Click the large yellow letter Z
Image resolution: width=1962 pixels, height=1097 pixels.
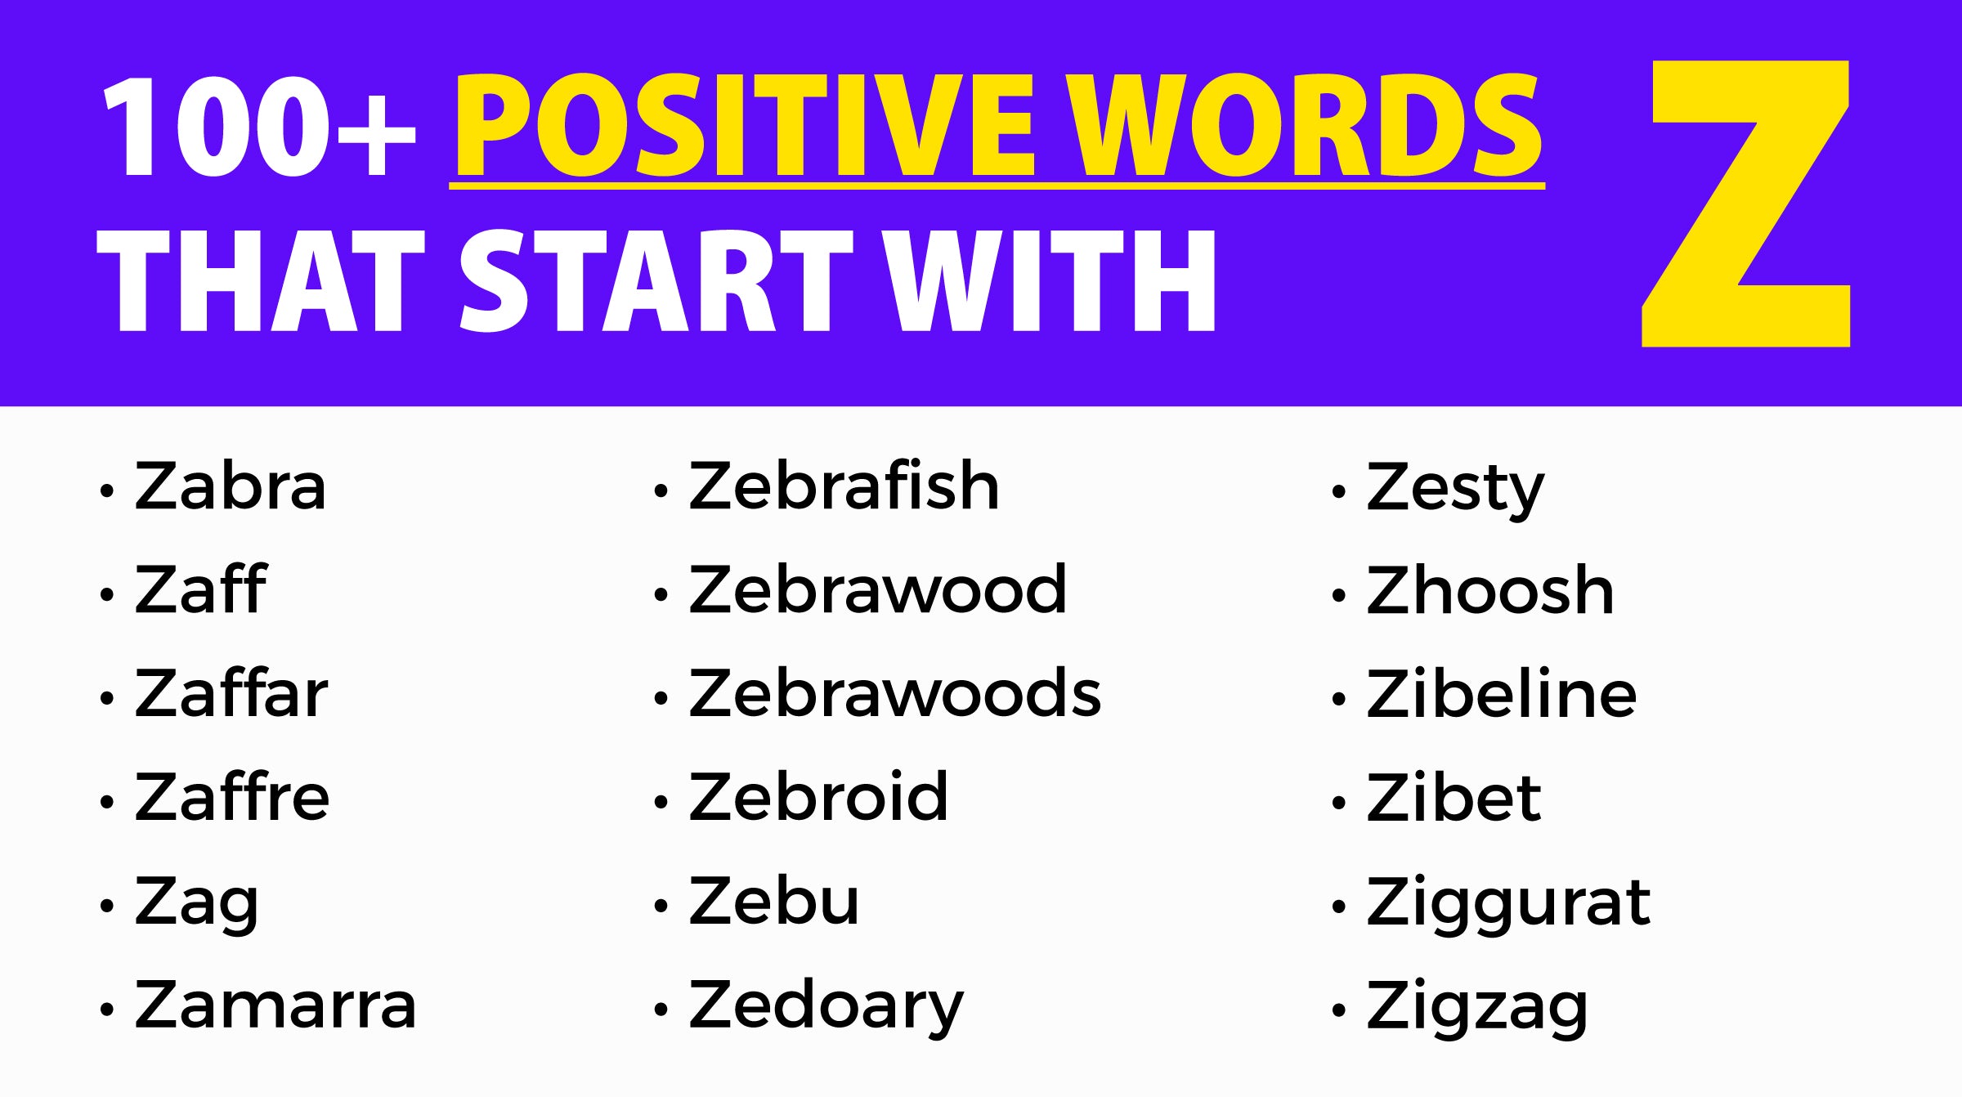tap(1745, 204)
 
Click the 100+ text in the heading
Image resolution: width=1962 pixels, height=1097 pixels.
tap(258, 127)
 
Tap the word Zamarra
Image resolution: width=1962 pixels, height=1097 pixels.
tap(275, 1005)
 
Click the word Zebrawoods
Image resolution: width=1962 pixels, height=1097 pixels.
tap(895, 693)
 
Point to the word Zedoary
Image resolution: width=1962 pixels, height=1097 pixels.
tap(826, 1006)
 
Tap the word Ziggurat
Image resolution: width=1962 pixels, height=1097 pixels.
tap(1508, 903)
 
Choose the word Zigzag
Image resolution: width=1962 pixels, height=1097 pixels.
tap(1477, 1008)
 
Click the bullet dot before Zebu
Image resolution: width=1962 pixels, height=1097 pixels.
tap(661, 906)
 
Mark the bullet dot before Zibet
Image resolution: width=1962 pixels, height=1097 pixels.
tap(1338, 802)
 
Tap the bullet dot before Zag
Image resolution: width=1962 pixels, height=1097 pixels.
tap(106, 906)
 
